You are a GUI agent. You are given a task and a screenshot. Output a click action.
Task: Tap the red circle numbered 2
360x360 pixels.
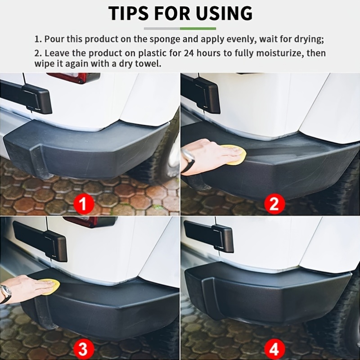click(274, 205)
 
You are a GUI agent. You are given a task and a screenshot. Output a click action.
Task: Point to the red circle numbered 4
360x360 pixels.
click(274, 348)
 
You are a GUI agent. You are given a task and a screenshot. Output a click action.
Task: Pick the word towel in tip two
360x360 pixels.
click(150, 63)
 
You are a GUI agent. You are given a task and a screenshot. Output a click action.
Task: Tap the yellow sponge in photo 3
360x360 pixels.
click(49, 287)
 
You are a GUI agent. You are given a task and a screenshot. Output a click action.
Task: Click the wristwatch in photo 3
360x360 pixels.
click(5, 293)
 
